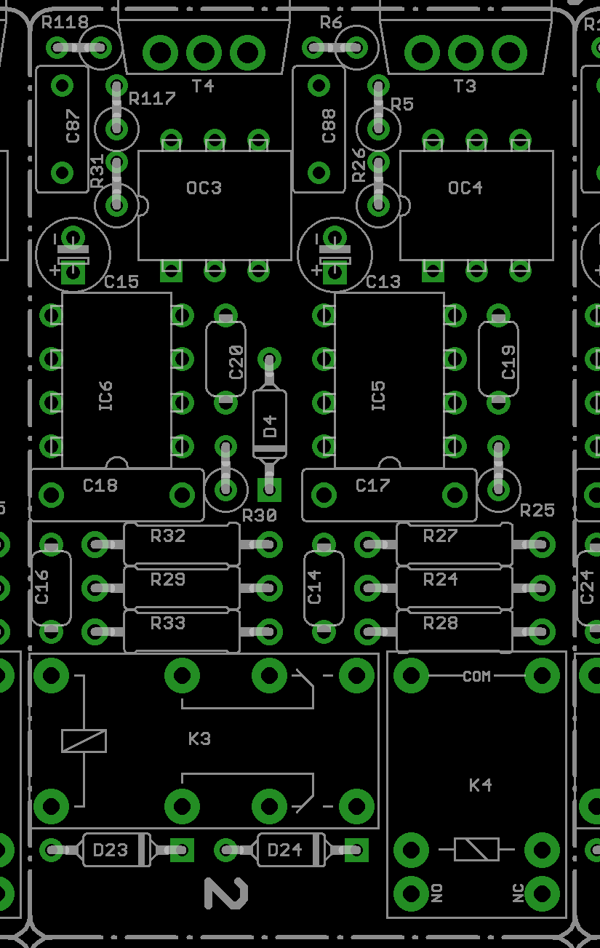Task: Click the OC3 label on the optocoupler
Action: (x=204, y=188)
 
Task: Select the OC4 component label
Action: (x=465, y=188)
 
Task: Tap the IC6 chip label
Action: (x=105, y=396)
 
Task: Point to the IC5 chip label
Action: (x=379, y=396)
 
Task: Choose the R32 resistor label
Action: (x=168, y=536)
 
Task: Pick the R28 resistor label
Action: (x=441, y=623)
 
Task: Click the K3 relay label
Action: (x=199, y=739)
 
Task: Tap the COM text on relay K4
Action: (x=477, y=677)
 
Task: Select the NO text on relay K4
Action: (x=436, y=893)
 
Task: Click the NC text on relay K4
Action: (x=519, y=893)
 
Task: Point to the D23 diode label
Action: (x=110, y=849)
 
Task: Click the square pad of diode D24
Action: (x=356, y=850)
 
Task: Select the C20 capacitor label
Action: (x=236, y=362)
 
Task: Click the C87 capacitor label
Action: (x=73, y=126)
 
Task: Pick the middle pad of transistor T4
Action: (x=204, y=53)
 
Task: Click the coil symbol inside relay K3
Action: (x=84, y=741)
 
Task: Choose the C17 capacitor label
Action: (x=373, y=485)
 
